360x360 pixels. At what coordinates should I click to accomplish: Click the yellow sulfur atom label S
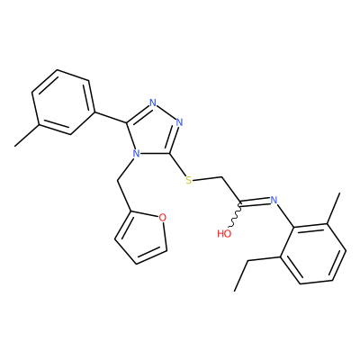188,180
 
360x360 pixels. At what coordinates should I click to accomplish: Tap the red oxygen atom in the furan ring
162,217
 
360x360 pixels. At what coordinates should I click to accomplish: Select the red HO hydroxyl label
224,233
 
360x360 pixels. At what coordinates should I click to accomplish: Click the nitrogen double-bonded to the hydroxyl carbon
274,200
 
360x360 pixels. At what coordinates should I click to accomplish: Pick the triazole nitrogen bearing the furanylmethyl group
136,154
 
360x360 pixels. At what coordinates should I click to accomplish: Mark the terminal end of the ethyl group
235,291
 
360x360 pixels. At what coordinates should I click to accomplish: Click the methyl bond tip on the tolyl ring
15,146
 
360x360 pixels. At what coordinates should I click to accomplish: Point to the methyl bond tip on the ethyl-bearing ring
340,193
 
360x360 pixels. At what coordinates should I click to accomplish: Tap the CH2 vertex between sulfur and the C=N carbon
221,176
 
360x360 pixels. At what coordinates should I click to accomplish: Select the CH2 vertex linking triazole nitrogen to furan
117,181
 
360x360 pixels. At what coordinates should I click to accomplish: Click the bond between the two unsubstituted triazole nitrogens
166,112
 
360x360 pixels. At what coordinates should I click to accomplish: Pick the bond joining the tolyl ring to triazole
111,118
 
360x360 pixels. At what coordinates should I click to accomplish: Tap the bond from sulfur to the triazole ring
177,165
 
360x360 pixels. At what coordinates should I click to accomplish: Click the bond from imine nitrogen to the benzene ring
285,215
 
